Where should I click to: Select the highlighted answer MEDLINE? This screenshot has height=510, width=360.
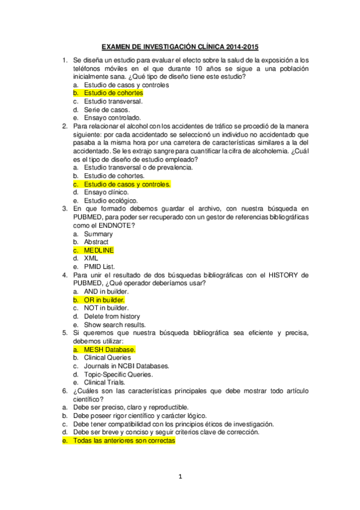[x=99, y=250]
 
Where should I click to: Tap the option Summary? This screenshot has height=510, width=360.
[x=98, y=233]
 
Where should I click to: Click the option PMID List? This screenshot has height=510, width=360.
[x=99, y=266]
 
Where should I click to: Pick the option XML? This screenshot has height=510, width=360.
[x=91, y=258]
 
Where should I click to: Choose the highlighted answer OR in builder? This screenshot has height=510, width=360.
[x=104, y=300]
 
